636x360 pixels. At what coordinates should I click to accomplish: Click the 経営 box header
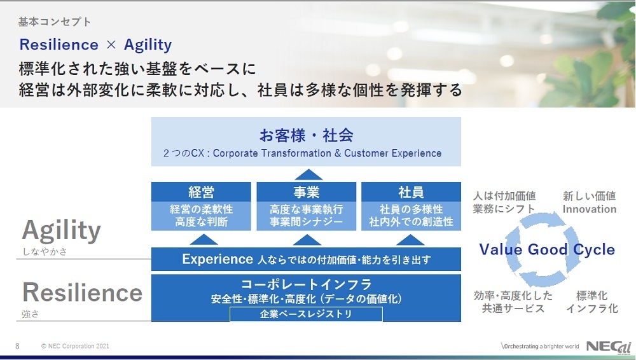pyautogui.click(x=201, y=191)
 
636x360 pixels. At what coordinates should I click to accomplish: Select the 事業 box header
pyautogui.click(x=307, y=191)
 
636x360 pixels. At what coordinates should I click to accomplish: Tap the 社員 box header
pyautogui.click(x=411, y=191)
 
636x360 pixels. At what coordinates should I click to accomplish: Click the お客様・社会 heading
pyautogui.click(x=307, y=135)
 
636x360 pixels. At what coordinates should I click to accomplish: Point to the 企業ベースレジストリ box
pyautogui.click(x=307, y=314)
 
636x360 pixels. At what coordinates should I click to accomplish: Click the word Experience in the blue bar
pyautogui.click(x=218, y=259)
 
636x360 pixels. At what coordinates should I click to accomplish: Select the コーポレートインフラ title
pyautogui.click(x=307, y=284)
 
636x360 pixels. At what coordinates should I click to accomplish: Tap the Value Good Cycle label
pyautogui.click(x=547, y=249)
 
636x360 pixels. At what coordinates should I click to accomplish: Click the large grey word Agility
pyautogui.click(x=61, y=231)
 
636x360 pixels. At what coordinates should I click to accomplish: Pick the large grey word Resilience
pyautogui.click(x=82, y=292)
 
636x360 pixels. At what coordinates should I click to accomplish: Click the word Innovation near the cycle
pyautogui.click(x=590, y=209)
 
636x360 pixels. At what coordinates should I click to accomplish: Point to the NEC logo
pyautogui.click(x=609, y=346)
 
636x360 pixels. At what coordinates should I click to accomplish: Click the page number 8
pyautogui.click(x=17, y=346)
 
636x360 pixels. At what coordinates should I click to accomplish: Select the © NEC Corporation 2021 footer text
pyautogui.click(x=75, y=346)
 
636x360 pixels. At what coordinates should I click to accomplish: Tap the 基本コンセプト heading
pyautogui.click(x=54, y=22)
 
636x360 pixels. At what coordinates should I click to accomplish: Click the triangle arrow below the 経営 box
pyautogui.click(x=204, y=240)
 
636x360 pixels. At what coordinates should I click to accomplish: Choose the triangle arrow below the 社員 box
pyautogui.click(x=410, y=240)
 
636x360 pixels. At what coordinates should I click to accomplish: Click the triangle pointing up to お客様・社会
pyautogui.click(x=308, y=174)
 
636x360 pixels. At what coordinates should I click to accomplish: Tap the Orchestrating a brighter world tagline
pyautogui.click(x=540, y=346)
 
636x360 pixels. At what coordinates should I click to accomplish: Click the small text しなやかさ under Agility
pyautogui.click(x=45, y=252)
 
